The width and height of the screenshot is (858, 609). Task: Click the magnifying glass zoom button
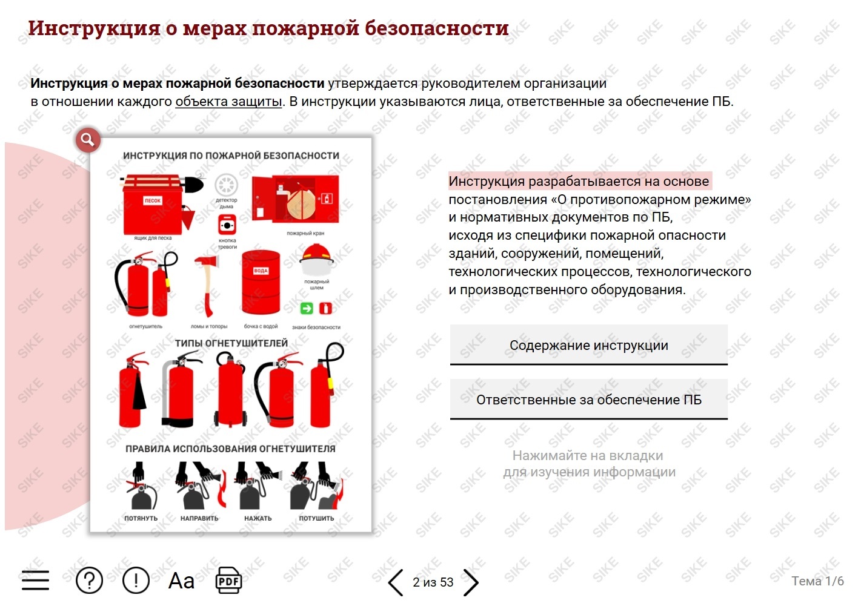[88, 140]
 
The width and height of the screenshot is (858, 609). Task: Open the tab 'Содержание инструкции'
[588, 345]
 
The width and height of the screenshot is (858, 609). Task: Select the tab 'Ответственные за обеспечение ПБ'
[588, 399]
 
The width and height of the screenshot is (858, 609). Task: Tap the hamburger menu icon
[35, 581]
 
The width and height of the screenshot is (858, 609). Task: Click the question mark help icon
[89, 581]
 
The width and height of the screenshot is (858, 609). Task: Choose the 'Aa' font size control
[182, 581]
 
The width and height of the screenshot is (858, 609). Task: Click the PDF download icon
[228, 581]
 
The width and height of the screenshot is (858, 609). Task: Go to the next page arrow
[471, 582]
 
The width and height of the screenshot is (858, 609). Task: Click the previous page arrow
[395, 582]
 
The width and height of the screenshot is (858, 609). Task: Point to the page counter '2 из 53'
[433, 582]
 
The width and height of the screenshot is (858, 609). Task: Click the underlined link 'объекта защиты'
[228, 102]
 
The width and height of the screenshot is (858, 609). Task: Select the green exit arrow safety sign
[307, 308]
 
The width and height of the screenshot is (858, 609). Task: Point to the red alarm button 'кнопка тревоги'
[227, 225]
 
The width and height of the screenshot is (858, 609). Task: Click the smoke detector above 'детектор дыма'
[226, 185]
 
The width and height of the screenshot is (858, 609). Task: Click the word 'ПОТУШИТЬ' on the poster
[316, 518]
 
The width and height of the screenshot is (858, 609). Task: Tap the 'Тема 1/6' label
[817, 581]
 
